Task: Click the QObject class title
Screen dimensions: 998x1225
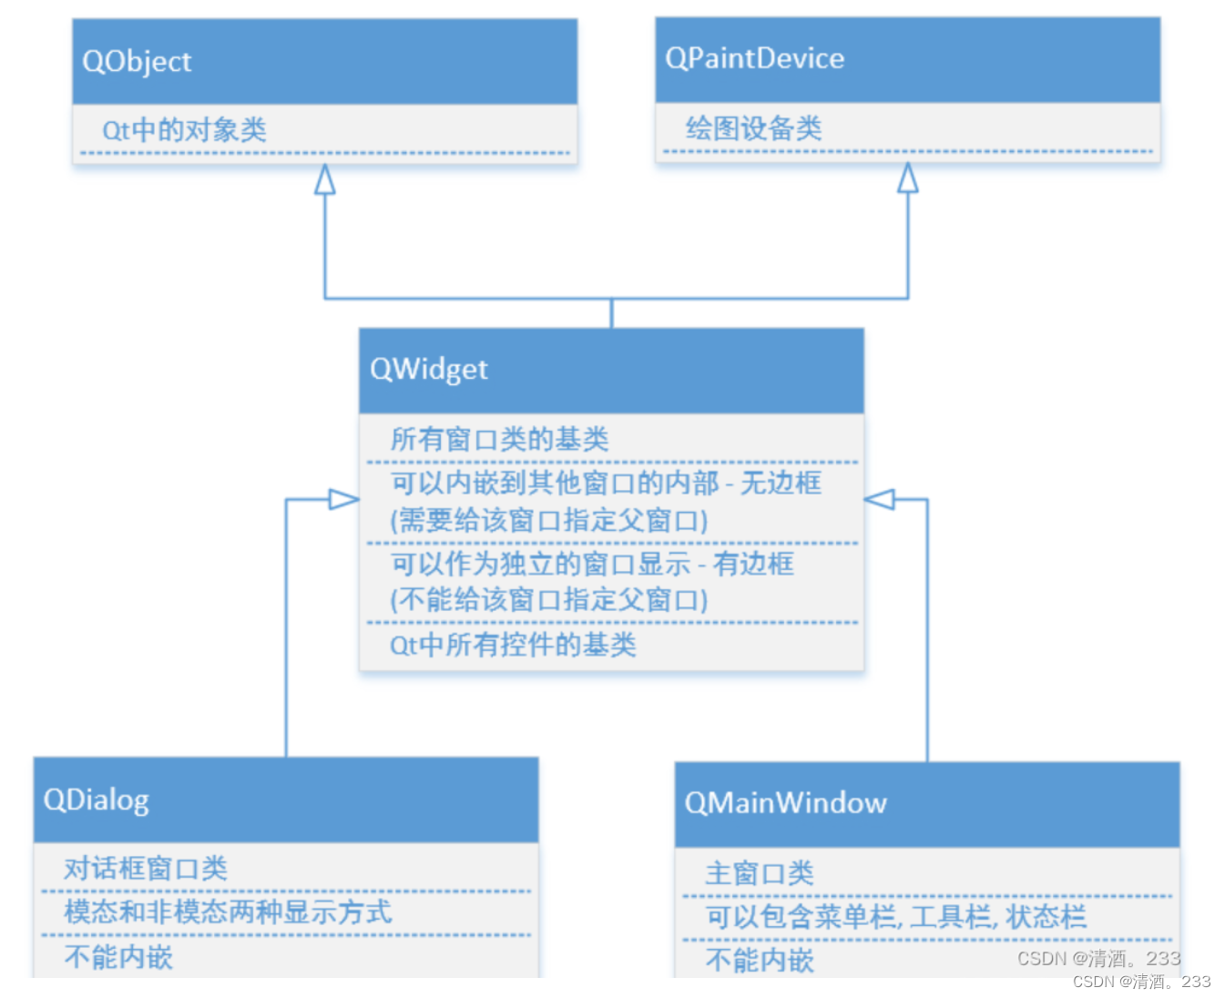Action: tap(137, 62)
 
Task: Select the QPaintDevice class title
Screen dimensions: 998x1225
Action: tap(754, 59)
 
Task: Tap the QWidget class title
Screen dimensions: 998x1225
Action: tap(428, 370)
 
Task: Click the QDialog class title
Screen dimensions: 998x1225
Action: tap(96, 800)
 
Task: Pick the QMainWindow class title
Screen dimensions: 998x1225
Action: tap(785, 803)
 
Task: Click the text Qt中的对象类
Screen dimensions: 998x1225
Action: tap(184, 130)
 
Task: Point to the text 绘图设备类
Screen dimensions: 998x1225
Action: tap(753, 128)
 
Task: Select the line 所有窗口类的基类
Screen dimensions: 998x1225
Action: tap(499, 440)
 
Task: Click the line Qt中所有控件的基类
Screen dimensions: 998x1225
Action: tap(513, 646)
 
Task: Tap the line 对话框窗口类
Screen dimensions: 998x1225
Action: tap(145, 869)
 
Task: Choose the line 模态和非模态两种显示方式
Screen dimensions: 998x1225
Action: tap(228, 912)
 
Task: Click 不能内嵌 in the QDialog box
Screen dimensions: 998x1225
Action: tap(118, 957)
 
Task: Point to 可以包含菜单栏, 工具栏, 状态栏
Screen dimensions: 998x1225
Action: tap(895, 917)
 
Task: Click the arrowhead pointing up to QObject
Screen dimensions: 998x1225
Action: tap(325, 179)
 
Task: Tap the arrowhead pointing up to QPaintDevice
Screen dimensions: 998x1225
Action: tap(908, 178)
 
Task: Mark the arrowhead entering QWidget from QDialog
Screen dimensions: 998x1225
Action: tap(343, 499)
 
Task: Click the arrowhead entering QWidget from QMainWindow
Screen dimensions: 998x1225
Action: tap(880, 499)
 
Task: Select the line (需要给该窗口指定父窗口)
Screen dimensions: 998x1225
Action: tap(549, 521)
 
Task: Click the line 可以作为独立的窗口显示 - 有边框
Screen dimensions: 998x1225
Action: tap(592, 565)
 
